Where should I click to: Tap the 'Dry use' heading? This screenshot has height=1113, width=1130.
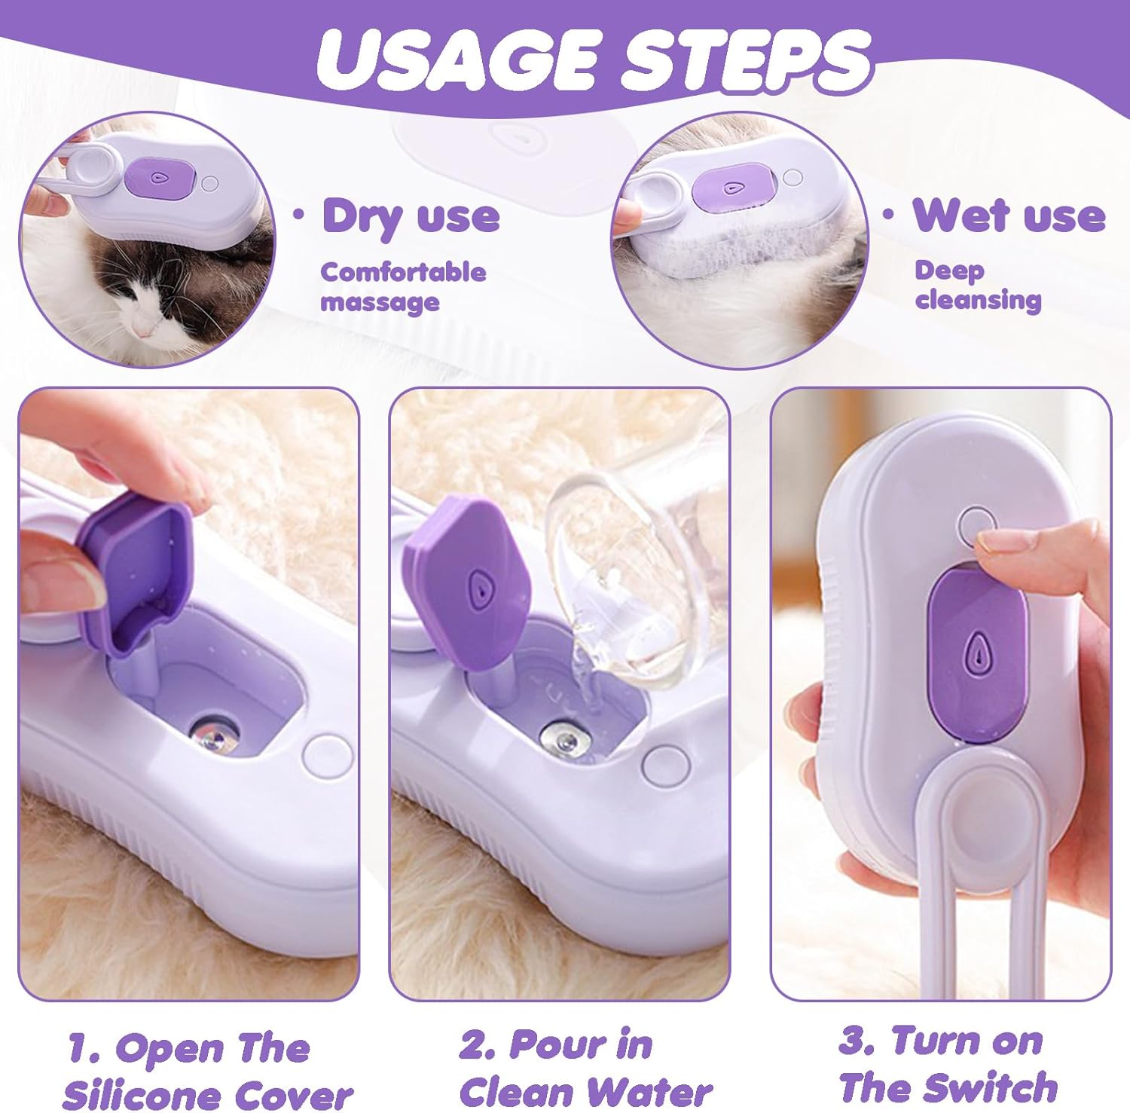(411, 216)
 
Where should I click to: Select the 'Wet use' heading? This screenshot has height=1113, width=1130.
(1009, 216)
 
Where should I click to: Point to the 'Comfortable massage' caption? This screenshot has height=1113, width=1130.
(403, 286)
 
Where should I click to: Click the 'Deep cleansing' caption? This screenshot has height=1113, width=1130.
(978, 285)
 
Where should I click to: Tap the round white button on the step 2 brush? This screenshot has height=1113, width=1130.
(665, 765)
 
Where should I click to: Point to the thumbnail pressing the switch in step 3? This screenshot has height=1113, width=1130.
(1002, 540)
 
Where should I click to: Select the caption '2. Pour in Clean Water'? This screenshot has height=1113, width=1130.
(584, 1069)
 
